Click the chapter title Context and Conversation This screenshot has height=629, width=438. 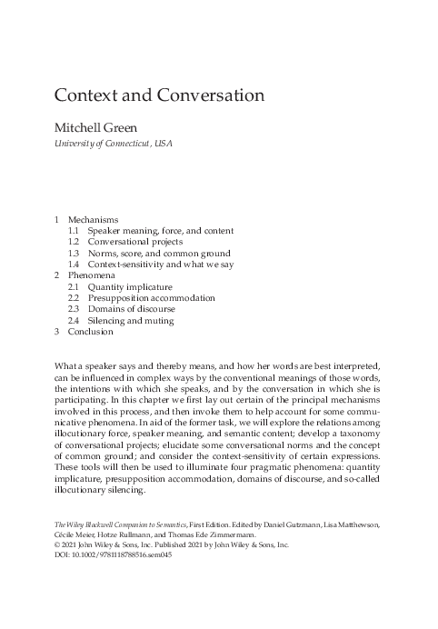pyautogui.click(x=160, y=95)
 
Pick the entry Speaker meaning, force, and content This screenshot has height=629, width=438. pyautogui.click(x=160, y=231)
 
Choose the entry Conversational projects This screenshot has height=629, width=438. pyautogui.click(x=134, y=243)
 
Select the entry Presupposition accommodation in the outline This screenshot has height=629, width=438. pyautogui.click(x=151, y=297)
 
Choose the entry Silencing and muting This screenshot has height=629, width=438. pyautogui.click(x=131, y=321)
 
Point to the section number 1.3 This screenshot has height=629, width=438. pyautogui.click(x=74, y=255)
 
